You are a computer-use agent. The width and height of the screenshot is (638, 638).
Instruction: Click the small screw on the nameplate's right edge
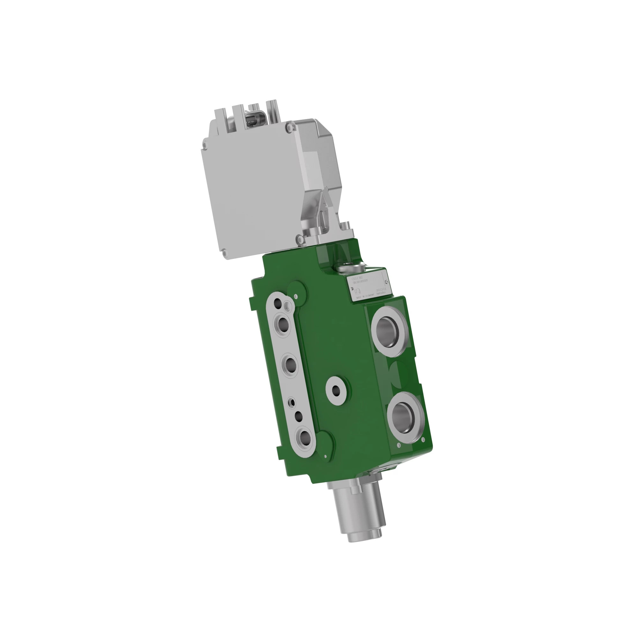pos(387,281)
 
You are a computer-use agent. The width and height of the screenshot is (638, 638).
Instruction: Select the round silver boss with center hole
pos(336,391)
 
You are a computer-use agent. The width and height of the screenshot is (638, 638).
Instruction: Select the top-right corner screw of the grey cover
pos(290,126)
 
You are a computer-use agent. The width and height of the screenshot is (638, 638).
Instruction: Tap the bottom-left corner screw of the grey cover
pos(225,253)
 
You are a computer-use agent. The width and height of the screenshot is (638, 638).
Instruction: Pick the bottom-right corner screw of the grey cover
pos(299,238)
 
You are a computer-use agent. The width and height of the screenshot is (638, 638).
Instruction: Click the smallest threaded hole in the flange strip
pos(292,402)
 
